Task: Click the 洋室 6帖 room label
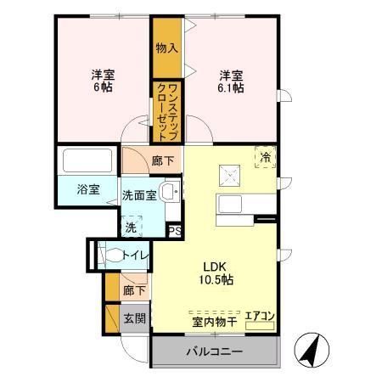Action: pyautogui.click(x=103, y=80)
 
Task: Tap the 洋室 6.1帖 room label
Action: pyautogui.click(x=231, y=80)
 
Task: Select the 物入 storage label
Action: pyautogui.click(x=166, y=48)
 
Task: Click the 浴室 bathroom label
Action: pyautogui.click(x=88, y=189)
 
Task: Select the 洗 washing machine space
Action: pyautogui.click(x=131, y=227)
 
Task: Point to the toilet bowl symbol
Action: pyautogui.click(x=110, y=254)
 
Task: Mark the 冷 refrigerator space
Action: pyautogui.click(x=266, y=156)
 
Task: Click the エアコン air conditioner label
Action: pyautogui.click(x=259, y=317)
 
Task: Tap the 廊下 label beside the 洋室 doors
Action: pyautogui.click(x=161, y=158)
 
